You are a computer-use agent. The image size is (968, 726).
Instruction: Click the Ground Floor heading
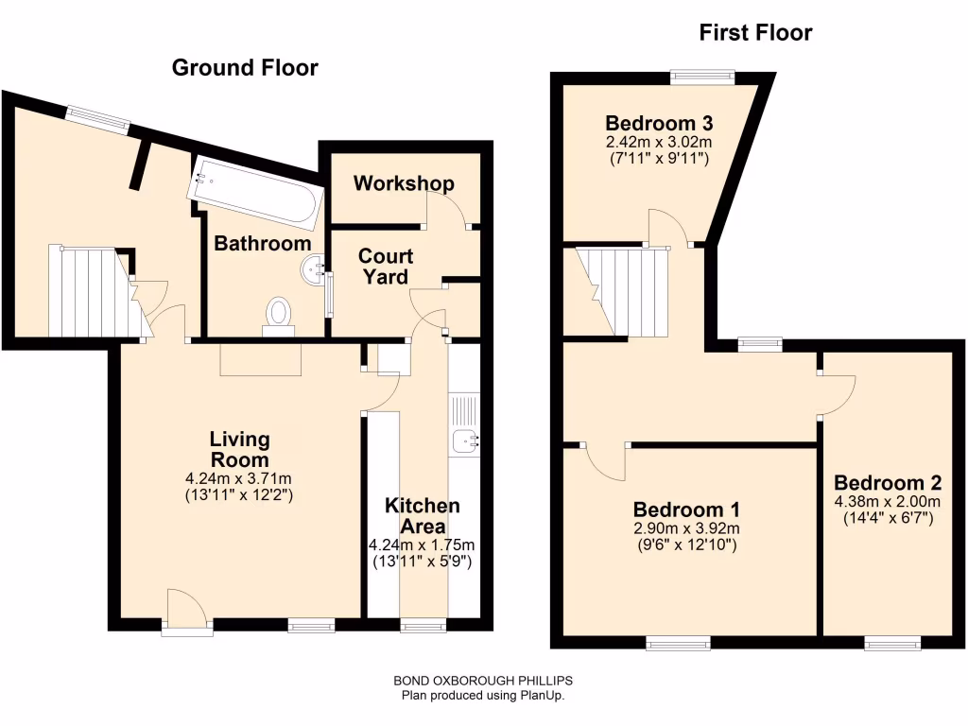[x=245, y=68]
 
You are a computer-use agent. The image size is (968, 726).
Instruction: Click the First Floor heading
[x=755, y=33]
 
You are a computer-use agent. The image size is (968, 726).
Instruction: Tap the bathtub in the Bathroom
[x=256, y=194]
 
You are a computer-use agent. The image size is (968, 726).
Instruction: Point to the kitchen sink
[x=465, y=440]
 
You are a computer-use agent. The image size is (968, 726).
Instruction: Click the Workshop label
[x=404, y=183]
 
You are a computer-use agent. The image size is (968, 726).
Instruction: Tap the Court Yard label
[x=386, y=267]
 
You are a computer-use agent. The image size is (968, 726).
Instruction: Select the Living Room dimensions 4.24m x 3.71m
[x=239, y=478]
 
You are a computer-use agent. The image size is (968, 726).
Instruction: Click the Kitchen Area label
[x=422, y=516]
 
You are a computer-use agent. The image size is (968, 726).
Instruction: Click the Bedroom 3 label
[x=659, y=123]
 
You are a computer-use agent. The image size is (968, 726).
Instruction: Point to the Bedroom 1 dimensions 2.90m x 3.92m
[x=686, y=528]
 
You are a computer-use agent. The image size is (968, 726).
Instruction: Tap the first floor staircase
[x=625, y=290]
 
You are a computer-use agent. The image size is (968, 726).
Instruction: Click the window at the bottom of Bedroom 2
[x=892, y=644]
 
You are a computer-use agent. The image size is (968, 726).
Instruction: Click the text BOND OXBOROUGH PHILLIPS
[x=483, y=681]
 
